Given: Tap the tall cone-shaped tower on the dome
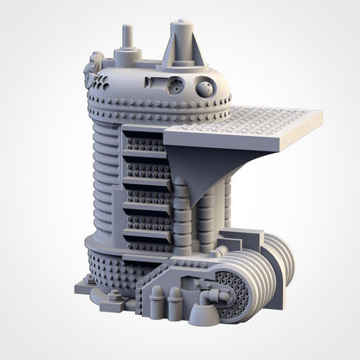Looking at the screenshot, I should click(183, 41).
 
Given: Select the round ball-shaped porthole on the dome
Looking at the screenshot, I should click(206, 87).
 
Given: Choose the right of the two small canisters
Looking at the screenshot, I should click(176, 302).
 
